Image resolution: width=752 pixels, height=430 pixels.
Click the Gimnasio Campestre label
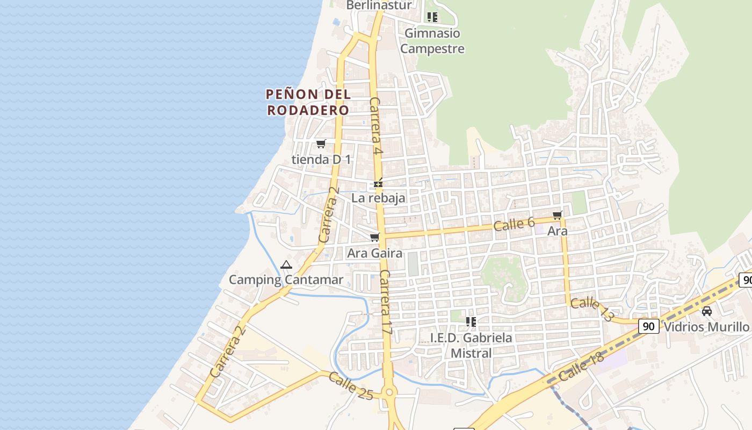pyautogui.click(x=432, y=41)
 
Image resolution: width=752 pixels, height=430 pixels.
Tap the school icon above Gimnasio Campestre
pyautogui.click(x=432, y=17)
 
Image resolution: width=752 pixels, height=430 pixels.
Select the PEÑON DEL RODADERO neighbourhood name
pyautogui.click(x=308, y=102)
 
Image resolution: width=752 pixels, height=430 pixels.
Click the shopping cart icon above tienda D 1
pyautogui.click(x=321, y=144)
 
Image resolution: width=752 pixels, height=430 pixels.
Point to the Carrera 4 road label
pyautogui.click(x=376, y=127)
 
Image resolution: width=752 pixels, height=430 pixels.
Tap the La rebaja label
pyautogui.click(x=378, y=198)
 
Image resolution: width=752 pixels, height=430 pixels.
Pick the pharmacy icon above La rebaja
pyautogui.click(x=379, y=184)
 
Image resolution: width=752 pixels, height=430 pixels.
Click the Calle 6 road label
pyautogui.click(x=514, y=224)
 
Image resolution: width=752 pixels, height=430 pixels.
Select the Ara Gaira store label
pyautogui.click(x=375, y=253)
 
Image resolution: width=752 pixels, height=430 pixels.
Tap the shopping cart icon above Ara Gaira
pyautogui.click(x=375, y=237)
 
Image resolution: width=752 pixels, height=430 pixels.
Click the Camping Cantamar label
pyautogui.click(x=286, y=279)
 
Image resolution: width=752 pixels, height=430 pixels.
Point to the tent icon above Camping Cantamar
pyautogui.click(x=286, y=264)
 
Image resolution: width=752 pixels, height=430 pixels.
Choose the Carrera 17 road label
pyautogui.click(x=386, y=304)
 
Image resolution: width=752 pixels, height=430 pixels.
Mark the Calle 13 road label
pyautogui.click(x=592, y=310)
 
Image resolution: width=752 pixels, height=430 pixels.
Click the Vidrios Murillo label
pyautogui.click(x=706, y=327)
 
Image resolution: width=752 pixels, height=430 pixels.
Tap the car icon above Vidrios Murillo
pyautogui.click(x=707, y=311)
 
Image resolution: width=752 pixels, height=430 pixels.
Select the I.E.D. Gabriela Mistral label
pyautogui.click(x=471, y=345)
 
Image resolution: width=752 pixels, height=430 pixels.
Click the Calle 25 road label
pyautogui.click(x=351, y=386)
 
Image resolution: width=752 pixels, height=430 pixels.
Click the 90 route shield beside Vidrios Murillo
pyautogui.click(x=649, y=326)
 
